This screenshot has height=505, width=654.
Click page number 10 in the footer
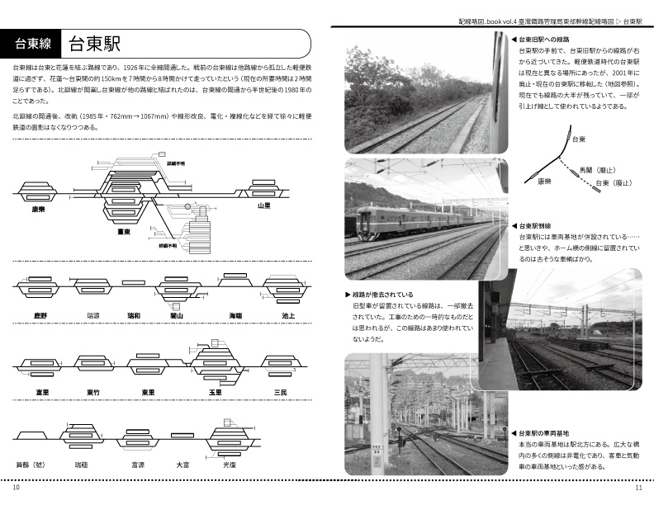pyautogui.click(x=17, y=487)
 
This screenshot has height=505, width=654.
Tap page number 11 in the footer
pyautogui.click(x=638, y=487)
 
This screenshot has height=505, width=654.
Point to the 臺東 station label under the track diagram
pyautogui.click(x=125, y=233)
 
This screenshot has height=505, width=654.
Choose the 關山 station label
pyautogui.click(x=175, y=316)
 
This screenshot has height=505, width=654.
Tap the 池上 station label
pyautogui.click(x=288, y=316)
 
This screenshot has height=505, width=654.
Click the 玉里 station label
pyautogui.click(x=216, y=390)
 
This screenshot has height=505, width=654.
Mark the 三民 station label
pyautogui.click(x=280, y=390)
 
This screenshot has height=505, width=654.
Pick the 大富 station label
pyautogui.click(x=182, y=465)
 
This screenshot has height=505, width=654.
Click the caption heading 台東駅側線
pyautogui.click(x=544, y=225)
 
